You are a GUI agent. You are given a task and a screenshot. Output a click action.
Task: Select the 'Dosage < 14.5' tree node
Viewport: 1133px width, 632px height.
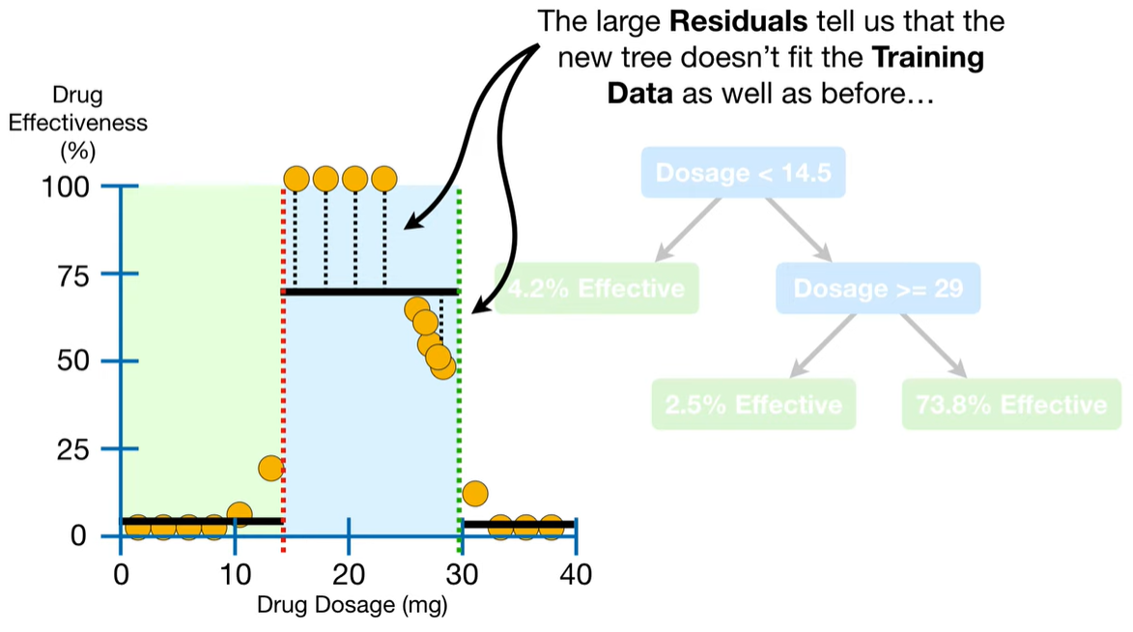click(743, 173)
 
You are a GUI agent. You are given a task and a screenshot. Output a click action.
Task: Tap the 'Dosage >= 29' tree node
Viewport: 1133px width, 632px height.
click(877, 288)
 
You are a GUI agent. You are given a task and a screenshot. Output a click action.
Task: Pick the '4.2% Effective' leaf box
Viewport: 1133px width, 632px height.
click(596, 288)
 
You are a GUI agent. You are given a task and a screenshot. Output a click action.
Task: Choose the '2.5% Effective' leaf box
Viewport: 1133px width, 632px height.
click(753, 403)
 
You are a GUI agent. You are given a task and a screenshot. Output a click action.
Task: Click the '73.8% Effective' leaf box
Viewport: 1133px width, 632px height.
click(1011, 403)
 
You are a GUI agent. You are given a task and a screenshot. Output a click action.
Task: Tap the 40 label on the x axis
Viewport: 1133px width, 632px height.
click(576, 575)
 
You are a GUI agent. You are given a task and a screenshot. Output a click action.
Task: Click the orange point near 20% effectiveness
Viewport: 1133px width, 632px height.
click(270, 469)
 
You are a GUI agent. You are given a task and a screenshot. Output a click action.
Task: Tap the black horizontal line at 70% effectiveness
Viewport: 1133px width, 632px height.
click(367, 290)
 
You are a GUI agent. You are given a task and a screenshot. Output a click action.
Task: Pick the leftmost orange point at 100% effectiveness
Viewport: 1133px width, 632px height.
click(297, 179)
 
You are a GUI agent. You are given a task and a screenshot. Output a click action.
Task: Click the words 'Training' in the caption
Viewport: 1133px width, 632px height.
click(928, 58)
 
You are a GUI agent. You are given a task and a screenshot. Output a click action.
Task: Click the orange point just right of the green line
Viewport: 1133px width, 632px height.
click(474, 494)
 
